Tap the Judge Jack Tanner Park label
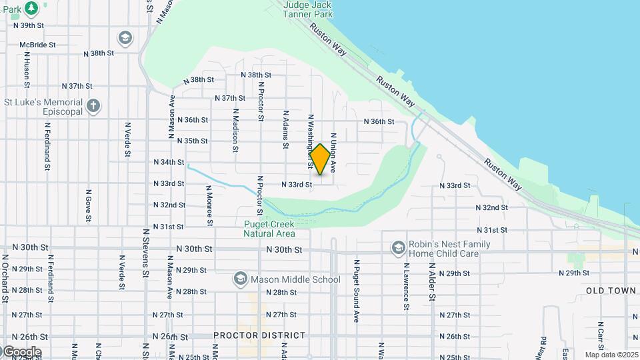(x=307, y=9)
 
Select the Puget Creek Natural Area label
(x=269, y=229)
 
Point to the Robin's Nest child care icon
(x=399, y=248)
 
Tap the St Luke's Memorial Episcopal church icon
(x=94, y=106)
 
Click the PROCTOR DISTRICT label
(x=259, y=335)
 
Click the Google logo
(x=21, y=351)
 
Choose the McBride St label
(x=37, y=45)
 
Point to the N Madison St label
(x=235, y=131)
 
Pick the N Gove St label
(x=88, y=204)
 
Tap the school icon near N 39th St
(x=125, y=38)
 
